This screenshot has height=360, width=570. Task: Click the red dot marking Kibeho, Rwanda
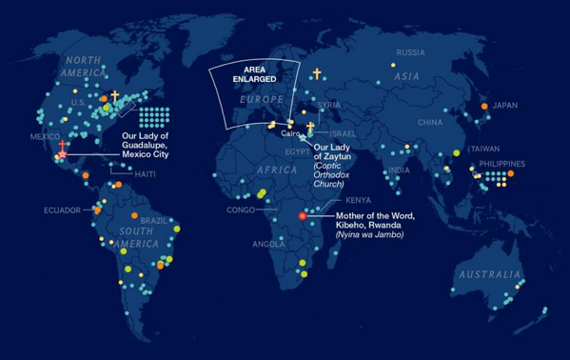click(x=303, y=216)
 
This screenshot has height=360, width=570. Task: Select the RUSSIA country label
click(x=411, y=52)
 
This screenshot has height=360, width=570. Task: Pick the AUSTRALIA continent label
click(x=487, y=274)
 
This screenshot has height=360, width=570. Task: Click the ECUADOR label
click(x=62, y=210)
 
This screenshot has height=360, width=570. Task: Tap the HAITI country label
click(x=146, y=174)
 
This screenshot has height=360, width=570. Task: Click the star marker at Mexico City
click(x=63, y=154)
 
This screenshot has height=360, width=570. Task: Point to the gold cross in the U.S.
click(x=115, y=96)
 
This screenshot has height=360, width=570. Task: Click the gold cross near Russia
click(x=317, y=73)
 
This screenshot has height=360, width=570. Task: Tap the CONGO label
click(x=240, y=209)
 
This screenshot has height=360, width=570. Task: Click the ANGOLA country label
click(x=267, y=244)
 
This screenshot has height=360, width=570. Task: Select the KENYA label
click(x=359, y=200)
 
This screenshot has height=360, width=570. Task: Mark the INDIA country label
click(x=400, y=170)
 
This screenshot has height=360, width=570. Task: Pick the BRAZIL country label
click(x=153, y=220)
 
